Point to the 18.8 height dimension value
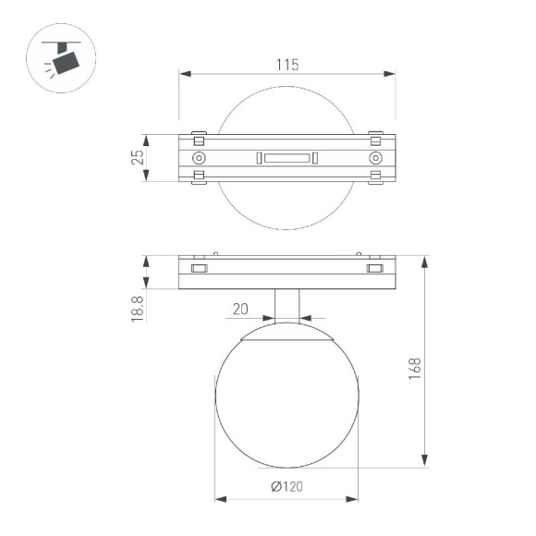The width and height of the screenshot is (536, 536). pyautogui.click(x=137, y=309)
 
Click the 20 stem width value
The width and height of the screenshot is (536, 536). pyautogui.click(x=241, y=309)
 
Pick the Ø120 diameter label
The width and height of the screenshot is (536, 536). pyautogui.click(x=287, y=488)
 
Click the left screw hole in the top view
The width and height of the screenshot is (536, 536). pyautogui.click(x=198, y=159)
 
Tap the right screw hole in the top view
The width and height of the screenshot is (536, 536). pyautogui.click(x=375, y=159)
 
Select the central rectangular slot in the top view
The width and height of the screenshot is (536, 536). pyautogui.click(x=286, y=159)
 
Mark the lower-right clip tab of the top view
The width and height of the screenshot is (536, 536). pyautogui.click(x=375, y=179)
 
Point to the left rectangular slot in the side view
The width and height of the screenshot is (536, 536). pyautogui.click(x=198, y=269)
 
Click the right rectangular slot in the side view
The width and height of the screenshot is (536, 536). pyautogui.click(x=374, y=269)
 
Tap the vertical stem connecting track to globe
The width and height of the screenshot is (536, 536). pyautogui.click(x=286, y=305)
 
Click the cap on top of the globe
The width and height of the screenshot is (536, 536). pyautogui.click(x=286, y=331)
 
